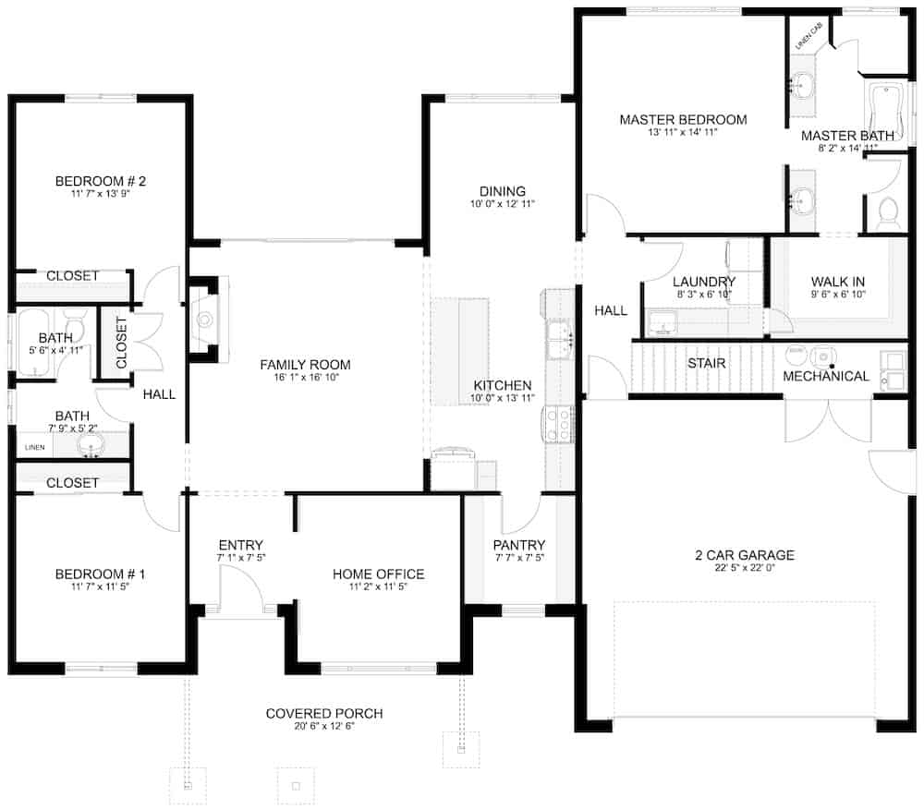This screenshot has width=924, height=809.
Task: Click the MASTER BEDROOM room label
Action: click(683, 120)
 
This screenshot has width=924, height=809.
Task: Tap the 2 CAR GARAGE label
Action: click(745, 555)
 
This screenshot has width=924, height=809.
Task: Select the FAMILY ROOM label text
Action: click(305, 365)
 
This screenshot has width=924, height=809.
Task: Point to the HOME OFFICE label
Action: click(378, 574)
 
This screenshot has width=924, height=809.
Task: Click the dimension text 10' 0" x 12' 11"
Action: click(503, 204)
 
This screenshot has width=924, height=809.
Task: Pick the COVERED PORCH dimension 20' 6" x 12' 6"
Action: click(323, 727)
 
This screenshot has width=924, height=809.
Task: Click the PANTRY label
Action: click(518, 545)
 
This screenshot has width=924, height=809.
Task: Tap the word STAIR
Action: click(706, 363)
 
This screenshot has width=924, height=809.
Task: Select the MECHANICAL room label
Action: click(825, 376)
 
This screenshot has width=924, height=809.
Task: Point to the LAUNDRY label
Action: click(703, 282)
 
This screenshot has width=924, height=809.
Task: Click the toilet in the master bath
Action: click(888, 213)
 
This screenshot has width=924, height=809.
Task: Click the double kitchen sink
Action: click(560, 339)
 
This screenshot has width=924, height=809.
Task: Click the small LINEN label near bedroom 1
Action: click(34, 447)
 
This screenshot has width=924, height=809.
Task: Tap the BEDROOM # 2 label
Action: click(101, 181)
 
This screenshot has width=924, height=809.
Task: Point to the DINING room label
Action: click(503, 191)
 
